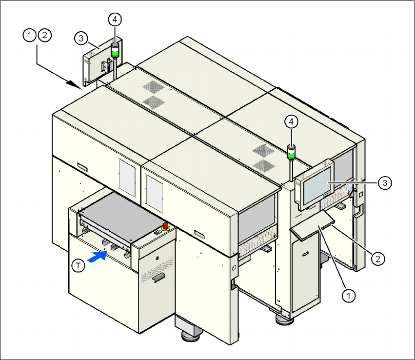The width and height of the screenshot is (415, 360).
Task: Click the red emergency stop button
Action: (165, 225)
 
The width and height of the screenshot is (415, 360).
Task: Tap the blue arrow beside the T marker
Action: (99, 257)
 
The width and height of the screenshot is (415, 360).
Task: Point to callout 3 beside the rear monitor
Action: (81, 38)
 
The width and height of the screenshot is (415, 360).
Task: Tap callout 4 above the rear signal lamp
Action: (115, 20)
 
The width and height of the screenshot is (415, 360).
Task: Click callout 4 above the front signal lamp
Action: (291, 122)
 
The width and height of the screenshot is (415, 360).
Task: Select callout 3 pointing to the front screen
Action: (385, 182)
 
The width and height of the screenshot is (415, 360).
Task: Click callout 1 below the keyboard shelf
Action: (348, 294)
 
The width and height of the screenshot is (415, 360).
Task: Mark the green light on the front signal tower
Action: (291, 155)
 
